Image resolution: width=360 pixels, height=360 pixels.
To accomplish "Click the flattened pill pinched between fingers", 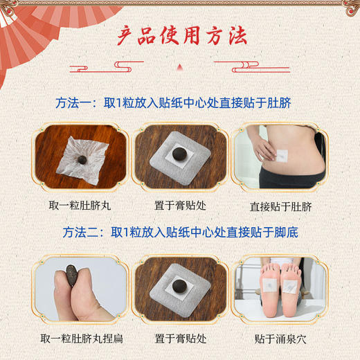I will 67,276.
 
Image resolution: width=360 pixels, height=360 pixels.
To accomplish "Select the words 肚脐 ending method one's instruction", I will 282,103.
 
